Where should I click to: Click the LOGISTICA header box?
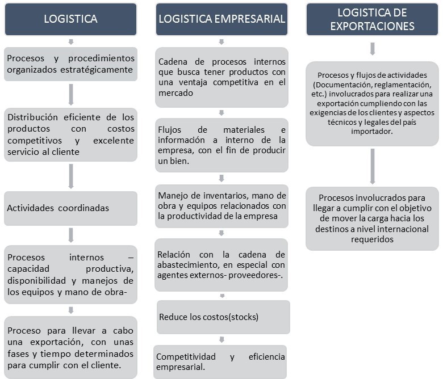point(70,19)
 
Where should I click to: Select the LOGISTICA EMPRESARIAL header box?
point(221,19)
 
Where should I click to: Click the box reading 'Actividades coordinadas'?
point(70,208)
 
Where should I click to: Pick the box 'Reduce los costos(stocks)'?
point(223,317)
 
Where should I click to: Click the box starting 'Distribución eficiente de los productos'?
point(70,134)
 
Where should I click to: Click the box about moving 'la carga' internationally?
point(372,218)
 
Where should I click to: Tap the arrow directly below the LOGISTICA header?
point(70,41)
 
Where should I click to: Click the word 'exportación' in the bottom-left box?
point(45,343)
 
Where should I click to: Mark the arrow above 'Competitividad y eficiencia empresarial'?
point(221,339)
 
